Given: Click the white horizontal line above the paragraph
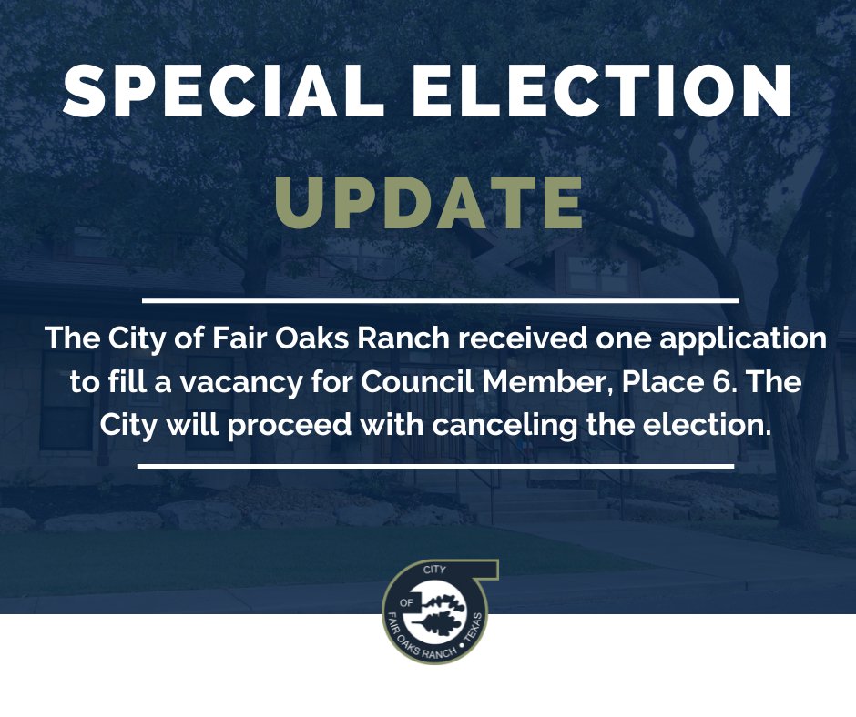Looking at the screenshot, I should click(441, 299).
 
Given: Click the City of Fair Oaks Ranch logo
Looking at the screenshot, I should click(436, 611).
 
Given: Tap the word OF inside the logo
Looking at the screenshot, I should click(407, 602).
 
